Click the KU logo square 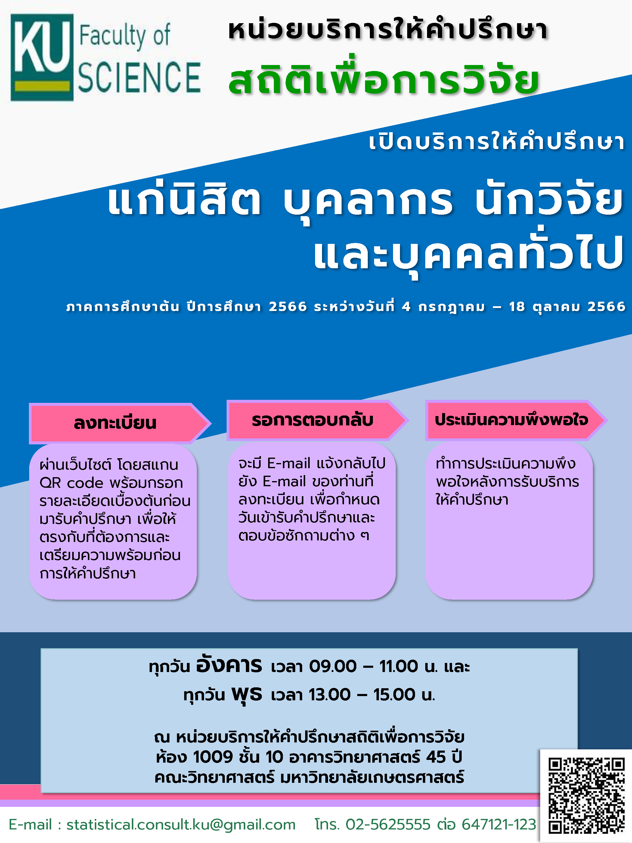tap(42, 57)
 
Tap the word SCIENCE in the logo tap(139, 78)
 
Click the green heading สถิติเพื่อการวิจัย tap(384, 78)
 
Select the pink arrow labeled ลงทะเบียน tap(119, 423)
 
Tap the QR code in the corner tap(586, 795)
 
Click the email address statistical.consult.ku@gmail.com tap(181, 825)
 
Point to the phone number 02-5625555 tap(388, 824)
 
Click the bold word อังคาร tap(229, 665)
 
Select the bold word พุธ tap(247, 694)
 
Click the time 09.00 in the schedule tap(333, 667)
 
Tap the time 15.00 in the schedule tap(394, 695)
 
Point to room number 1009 tap(213, 757)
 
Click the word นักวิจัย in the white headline tap(549, 201)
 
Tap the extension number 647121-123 tap(499, 824)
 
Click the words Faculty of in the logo tap(124, 36)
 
